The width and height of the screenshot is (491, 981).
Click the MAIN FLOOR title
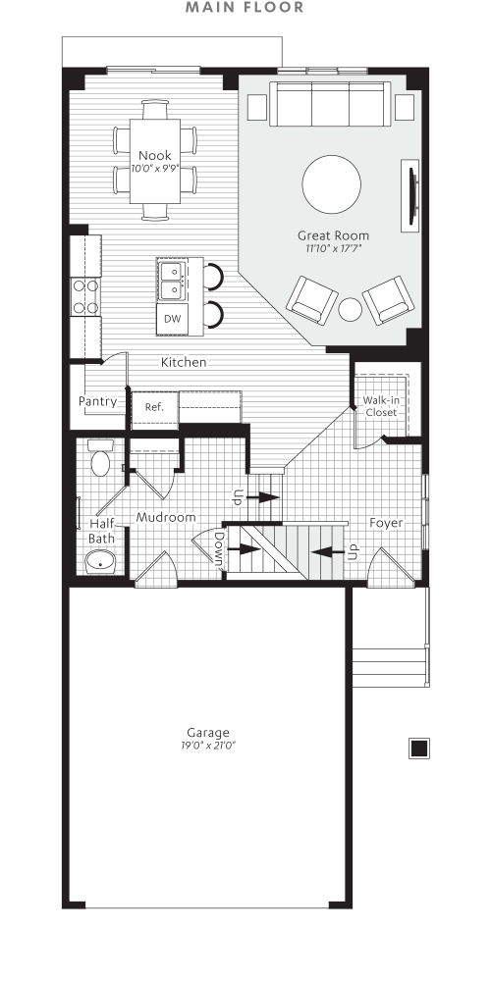point(245,8)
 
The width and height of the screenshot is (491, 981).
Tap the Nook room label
point(155,155)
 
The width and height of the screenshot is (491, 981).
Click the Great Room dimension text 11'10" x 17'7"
point(334,249)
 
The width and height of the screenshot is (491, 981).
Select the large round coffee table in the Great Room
point(331,184)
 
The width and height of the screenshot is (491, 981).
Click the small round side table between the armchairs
point(351,310)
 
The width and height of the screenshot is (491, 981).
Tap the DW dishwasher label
point(172,319)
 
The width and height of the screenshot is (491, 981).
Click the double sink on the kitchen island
point(172,280)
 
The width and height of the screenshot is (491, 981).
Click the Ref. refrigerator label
point(154,407)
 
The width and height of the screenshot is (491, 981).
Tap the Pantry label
point(98,401)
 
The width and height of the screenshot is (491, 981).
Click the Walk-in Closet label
point(380,406)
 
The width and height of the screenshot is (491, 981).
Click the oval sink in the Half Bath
point(99,562)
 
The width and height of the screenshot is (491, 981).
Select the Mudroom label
point(166,517)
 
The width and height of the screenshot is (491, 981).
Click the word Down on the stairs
point(218,550)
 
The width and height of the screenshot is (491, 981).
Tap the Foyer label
point(387,523)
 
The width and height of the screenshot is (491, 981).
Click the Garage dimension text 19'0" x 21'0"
point(208,746)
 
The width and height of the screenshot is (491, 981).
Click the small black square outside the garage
point(418,749)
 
